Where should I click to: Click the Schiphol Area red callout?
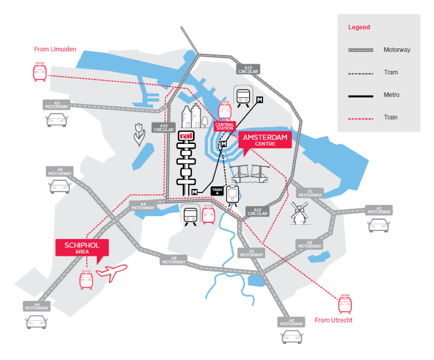[x=82, y=248]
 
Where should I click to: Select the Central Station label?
[x=224, y=126]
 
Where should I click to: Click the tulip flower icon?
[x=139, y=134]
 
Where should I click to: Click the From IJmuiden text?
[x=55, y=49]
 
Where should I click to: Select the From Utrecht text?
[x=333, y=320]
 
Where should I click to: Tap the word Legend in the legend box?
[x=359, y=27]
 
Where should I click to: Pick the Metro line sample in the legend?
[x=361, y=95]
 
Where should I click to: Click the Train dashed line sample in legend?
[x=361, y=118]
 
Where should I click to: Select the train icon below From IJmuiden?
[x=39, y=72]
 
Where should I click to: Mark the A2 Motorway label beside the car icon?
[x=292, y=322]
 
